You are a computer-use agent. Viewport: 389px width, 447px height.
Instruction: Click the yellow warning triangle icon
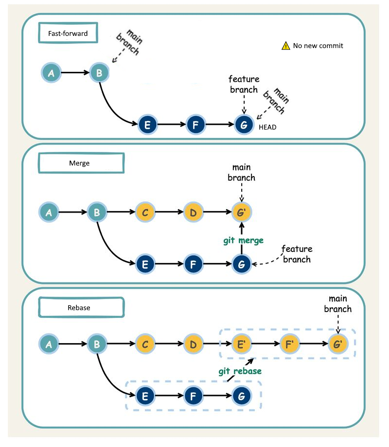point(285,46)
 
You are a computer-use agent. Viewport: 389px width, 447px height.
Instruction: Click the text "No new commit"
point(318,46)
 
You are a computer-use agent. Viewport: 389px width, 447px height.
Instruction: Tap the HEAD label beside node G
point(267,127)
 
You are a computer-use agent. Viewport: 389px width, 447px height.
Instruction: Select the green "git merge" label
point(244,240)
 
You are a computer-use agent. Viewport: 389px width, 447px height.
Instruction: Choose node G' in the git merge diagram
point(242,212)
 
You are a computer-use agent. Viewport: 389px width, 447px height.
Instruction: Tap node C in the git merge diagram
point(145,212)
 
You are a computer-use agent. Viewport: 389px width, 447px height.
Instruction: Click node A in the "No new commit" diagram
point(51,73)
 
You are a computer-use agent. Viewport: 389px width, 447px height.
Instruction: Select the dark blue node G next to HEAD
point(244,125)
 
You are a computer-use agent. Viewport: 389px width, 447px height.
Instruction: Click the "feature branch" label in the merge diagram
point(297,254)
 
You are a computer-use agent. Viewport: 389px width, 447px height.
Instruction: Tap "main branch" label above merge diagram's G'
point(242,173)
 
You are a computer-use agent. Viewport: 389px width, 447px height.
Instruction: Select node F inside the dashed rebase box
point(193,396)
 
